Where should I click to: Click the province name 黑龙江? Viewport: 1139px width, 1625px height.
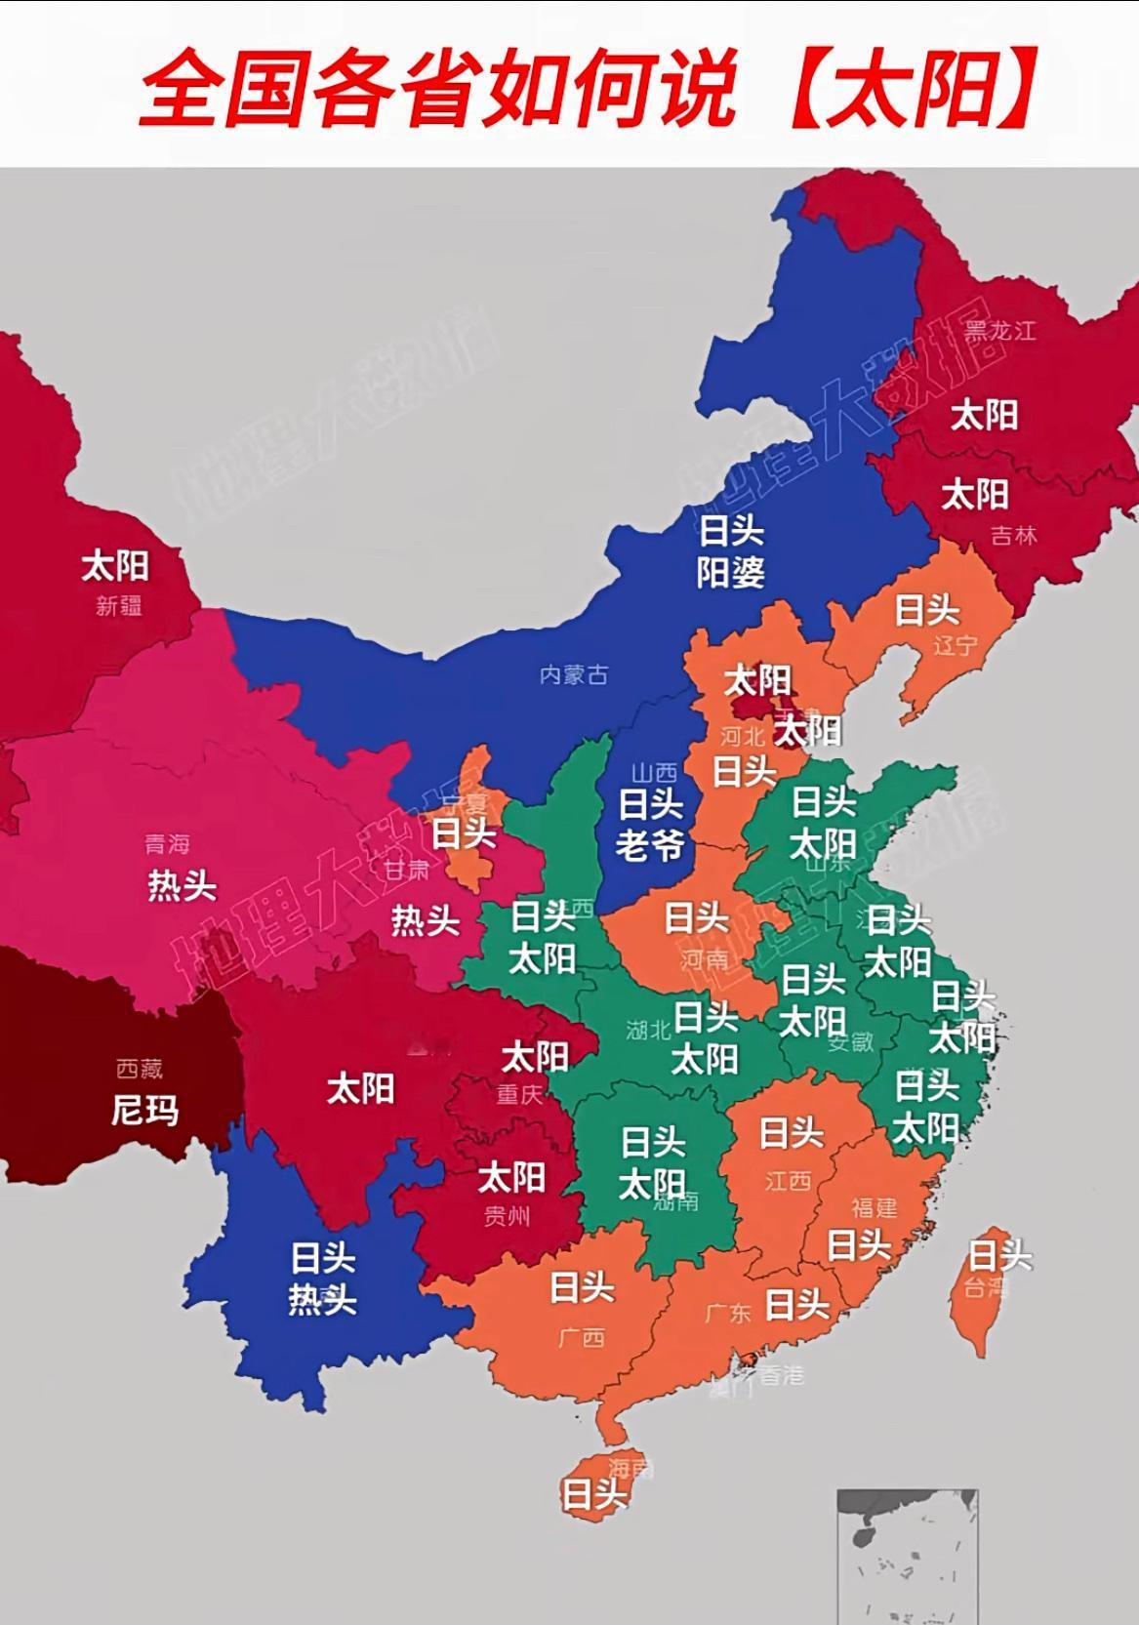pos(999,330)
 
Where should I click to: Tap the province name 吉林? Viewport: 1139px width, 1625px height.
pos(1013,535)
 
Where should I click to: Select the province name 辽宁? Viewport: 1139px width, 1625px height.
pos(955,645)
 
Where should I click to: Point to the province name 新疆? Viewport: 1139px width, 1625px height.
pos(119,606)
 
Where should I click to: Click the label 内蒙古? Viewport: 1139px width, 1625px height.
pos(574,674)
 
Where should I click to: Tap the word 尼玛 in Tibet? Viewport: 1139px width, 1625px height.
pos(144,1110)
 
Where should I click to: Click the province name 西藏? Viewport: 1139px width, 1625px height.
pos(139,1069)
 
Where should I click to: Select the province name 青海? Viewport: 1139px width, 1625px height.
pos(167,843)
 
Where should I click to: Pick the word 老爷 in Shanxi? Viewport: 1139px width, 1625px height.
pos(649,845)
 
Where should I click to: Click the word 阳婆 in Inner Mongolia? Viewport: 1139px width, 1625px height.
pos(730,573)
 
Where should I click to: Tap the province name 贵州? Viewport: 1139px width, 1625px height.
pos(508,1216)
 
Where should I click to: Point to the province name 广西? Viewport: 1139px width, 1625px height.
pos(582,1337)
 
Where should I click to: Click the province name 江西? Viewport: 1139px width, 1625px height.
pos(788,1181)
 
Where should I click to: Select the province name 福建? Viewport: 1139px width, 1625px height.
pos(874,1207)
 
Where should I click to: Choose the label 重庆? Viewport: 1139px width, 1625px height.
pos(519,1094)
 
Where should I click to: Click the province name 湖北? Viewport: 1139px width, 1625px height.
pos(649,1030)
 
